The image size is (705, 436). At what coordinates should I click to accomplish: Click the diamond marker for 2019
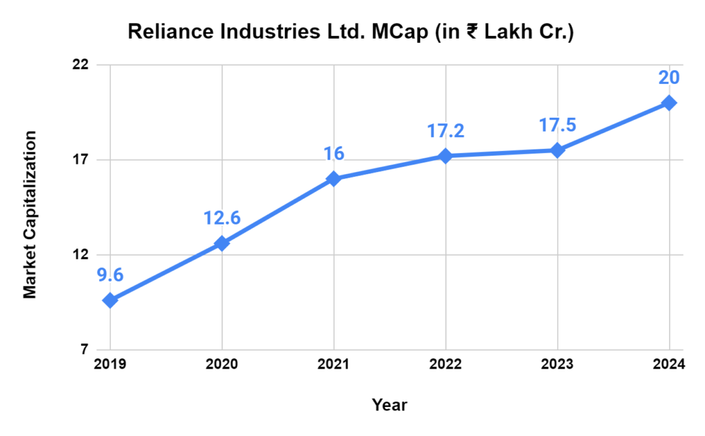pyautogui.click(x=109, y=300)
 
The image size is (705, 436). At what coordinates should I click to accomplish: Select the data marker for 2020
pyautogui.click(x=222, y=243)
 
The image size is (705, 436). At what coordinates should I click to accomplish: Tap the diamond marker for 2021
pyautogui.click(x=333, y=179)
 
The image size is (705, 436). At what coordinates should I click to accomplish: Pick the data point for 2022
pyautogui.click(x=445, y=156)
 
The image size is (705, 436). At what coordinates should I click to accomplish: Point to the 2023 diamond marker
pyautogui.click(x=557, y=150)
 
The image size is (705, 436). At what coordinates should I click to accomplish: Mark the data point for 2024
pyautogui.click(x=669, y=103)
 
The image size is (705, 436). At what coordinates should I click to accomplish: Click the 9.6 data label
pyautogui.click(x=109, y=276)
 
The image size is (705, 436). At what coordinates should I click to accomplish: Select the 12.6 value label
pyautogui.click(x=222, y=218)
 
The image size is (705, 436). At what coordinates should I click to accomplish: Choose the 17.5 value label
pyautogui.click(x=557, y=125)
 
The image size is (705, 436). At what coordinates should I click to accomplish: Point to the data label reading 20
pyautogui.click(x=669, y=77)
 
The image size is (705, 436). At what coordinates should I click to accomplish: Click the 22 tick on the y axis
pyautogui.click(x=81, y=65)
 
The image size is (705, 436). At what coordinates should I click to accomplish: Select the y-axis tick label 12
pyautogui.click(x=81, y=255)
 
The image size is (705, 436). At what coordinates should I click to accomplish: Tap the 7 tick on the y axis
pyautogui.click(x=84, y=350)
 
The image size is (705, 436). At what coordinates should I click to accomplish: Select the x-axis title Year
pyautogui.click(x=389, y=405)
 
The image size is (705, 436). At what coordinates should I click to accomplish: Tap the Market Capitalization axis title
pyautogui.click(x=30, y=215)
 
